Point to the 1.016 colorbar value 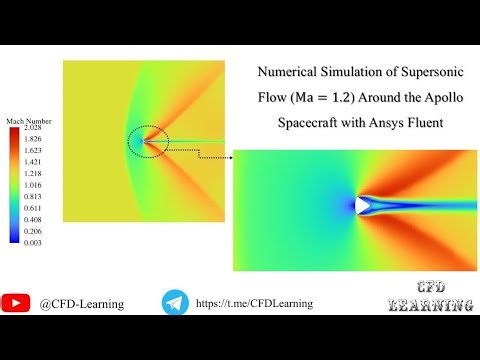[33, 186]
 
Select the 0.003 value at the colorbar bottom [33, 243]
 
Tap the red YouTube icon [16, 302]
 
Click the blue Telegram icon [175, 302]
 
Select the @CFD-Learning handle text [82, 303]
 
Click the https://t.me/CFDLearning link [254, 302]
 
